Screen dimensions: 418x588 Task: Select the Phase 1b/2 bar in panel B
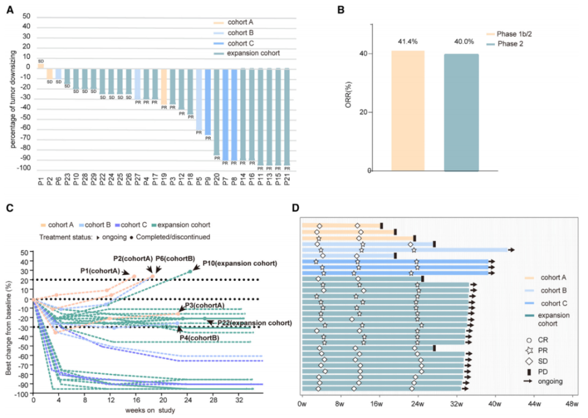[x=409, y=110]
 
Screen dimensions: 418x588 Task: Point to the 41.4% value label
[x=408, y=40]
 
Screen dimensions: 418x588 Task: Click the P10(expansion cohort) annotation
[x=239, y=263]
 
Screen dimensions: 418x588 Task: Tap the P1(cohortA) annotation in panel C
[x=101, y=271]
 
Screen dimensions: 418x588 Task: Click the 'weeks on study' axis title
[x=149, y=409]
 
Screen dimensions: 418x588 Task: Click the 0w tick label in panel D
[x=302, y=404]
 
